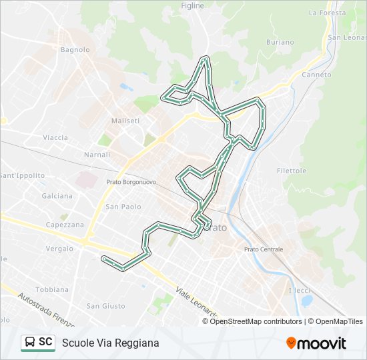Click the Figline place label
(x=192, y=5)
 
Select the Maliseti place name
(x=125, y=121)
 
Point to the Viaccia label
(x=55, y=137)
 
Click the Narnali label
(x=97, y=155)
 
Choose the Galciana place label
(x=57, y=196)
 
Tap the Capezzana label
(x=65, y=225)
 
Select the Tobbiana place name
(x=52, y=289)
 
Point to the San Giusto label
(x=105, y=306)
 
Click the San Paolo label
(x=122, y=207)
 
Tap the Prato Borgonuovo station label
(x=131, y=181)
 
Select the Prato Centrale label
(x=264, y=249)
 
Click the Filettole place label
(x=292, y=171)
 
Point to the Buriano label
(x=280, y=42)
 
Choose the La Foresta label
(x=327, y=12)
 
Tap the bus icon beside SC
(x=30, y=342)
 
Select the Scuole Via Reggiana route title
(x=111, y=343)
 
